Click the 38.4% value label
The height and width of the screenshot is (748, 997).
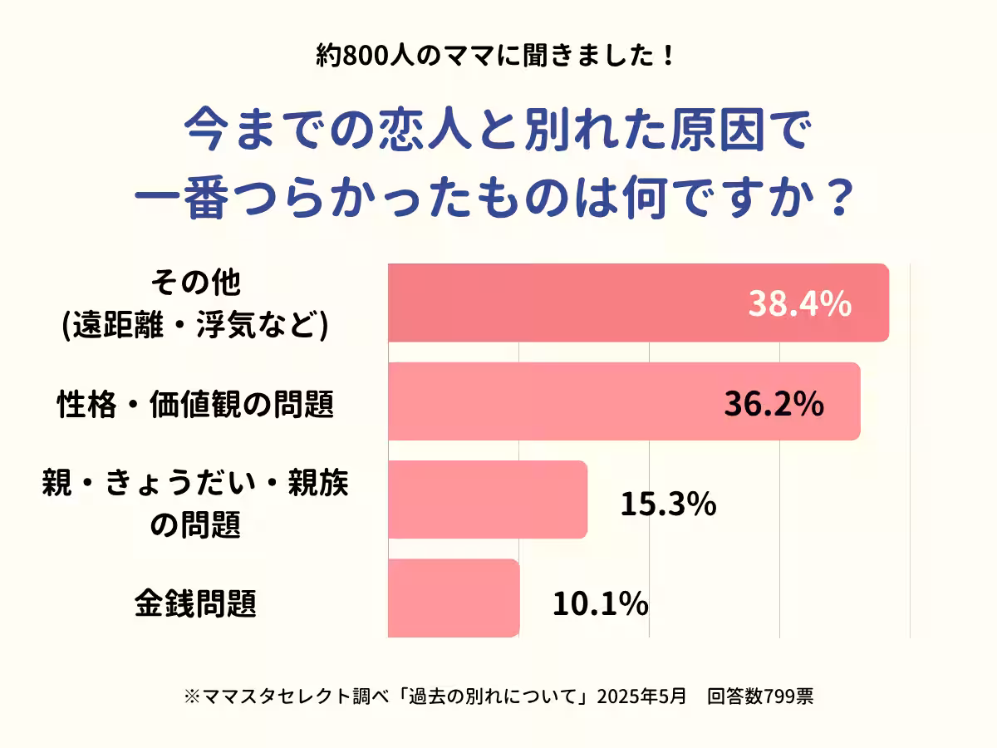click(x=799, y=305)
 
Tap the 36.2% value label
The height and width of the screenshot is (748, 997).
click(x=774, y=404)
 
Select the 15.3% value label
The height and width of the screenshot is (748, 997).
click(x=668, y=504)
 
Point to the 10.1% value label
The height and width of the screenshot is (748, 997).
click(x=600, y=603)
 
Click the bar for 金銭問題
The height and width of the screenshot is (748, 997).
click(x=454, y=598)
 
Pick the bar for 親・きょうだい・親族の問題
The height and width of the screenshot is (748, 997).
click(x=488, y=499)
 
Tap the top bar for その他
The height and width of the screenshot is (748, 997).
click(x=565, y=303)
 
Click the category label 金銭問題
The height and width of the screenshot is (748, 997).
click(x=195, y=603)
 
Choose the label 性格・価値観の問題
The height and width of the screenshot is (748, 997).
click(x=195, y=405)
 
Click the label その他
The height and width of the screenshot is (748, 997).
click(x=195, y=284)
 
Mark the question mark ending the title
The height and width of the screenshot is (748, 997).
click(x=842, y=200)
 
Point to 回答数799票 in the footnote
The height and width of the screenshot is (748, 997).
click(x=760, y=696)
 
